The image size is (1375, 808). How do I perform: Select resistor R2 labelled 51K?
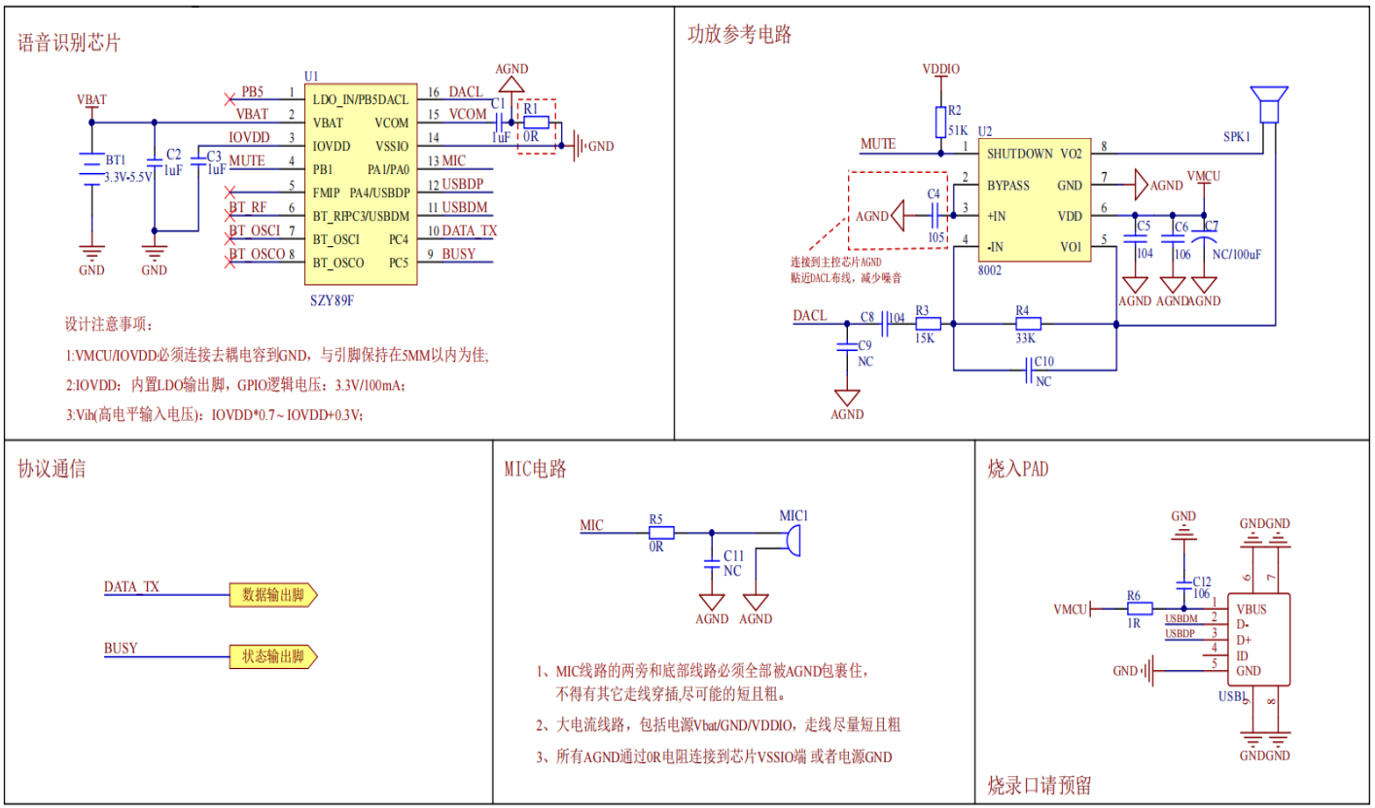pos(940,116)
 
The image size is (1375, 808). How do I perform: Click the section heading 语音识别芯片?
pos(70,43)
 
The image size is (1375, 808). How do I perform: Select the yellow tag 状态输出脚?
pos(273,655)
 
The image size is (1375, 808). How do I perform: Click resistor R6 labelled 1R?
pos(1139,610)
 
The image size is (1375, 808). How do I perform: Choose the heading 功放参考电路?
pos(740,35)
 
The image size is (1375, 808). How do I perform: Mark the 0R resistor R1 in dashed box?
pos(536,123)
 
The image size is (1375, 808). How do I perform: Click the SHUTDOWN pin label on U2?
pos(1020,154)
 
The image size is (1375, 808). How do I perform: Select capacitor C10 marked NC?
pos(1033,369)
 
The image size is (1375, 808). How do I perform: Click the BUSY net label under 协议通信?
pos(121,648)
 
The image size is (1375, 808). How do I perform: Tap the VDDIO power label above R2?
pos(940,70)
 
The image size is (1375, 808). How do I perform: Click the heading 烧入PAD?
pos(1018,470)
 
